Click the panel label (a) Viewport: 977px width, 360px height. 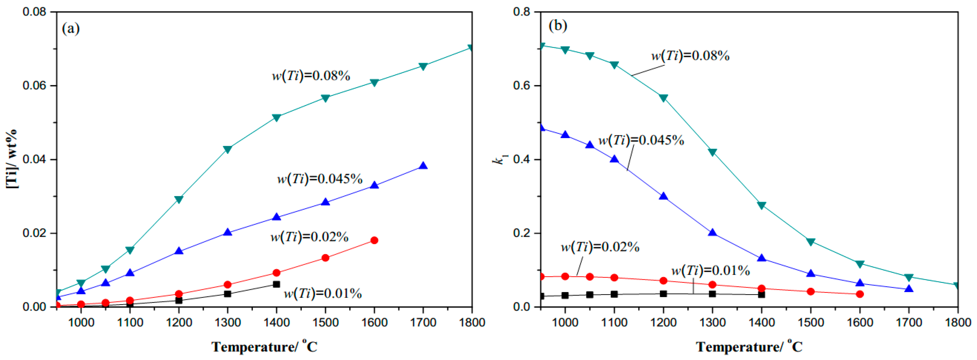coord(71,28)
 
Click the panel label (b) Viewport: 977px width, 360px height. coord(558,26)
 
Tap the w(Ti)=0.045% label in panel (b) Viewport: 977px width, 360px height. coord(641,140)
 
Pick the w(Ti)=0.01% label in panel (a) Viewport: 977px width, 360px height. coord(323,293)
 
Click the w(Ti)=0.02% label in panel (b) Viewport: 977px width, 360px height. coord(600,247)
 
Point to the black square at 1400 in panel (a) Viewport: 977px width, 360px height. coord(276,284)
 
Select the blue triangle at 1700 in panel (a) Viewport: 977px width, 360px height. coord(423,166)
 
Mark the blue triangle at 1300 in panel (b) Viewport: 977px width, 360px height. coord(712,232)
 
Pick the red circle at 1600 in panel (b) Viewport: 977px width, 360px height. coord(860,294)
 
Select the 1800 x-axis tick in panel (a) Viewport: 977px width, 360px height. coord(472,322)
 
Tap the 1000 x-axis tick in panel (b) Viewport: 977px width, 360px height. coord(565,322)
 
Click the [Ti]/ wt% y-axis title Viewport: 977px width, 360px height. coord(11,159)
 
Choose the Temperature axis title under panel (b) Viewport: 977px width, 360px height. coord(749,346)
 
